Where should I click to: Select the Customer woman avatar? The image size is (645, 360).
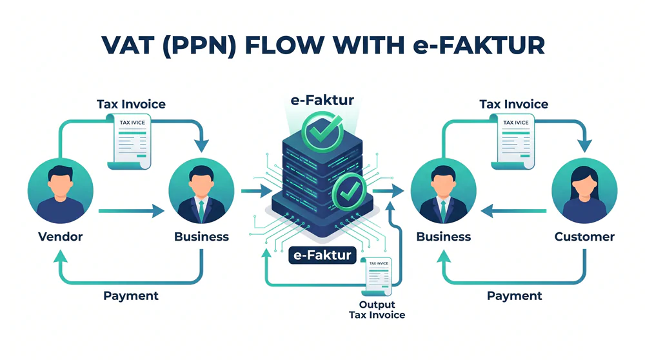(x=585, y=190)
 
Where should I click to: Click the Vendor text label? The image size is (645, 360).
(x=61, y=237)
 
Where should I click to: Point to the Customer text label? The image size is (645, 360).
(x=584, y=237)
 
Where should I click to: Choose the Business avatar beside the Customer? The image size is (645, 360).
(x=444, y=190)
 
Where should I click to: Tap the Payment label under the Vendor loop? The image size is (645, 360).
(x=131, y=295)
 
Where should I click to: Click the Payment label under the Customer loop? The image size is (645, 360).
(x=514, y=295)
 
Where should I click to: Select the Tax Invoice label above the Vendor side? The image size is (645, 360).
(x=131, y=104)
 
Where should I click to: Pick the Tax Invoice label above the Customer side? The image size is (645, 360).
(x=514, y=104)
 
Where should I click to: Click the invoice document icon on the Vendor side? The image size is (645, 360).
(x=133, y=143)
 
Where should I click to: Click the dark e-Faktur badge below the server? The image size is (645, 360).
(x=322, y=255)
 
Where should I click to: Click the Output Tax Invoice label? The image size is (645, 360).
(x=377, y=310)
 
